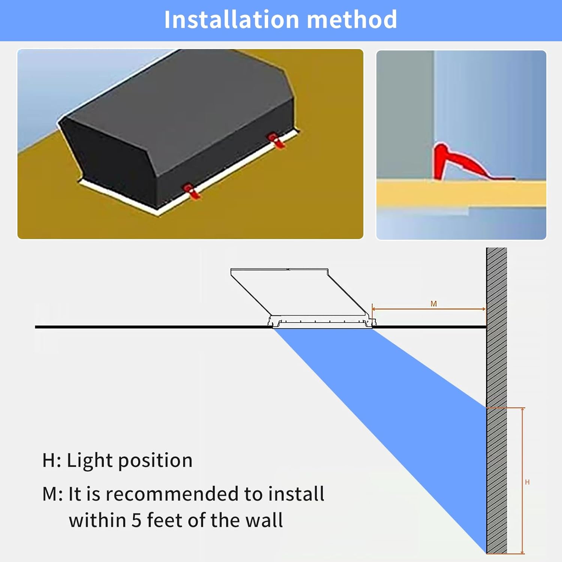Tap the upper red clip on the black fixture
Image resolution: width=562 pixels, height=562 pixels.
click(276, 140)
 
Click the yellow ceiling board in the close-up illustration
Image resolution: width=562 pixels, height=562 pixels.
click(461, 193)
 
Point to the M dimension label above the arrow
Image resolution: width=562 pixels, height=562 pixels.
click(433, 304)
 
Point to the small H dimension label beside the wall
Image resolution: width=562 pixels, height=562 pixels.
click(527, 482)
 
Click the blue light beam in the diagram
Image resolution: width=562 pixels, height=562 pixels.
click(412, 412)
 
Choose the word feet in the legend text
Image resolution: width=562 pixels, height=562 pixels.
click(165, 520)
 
